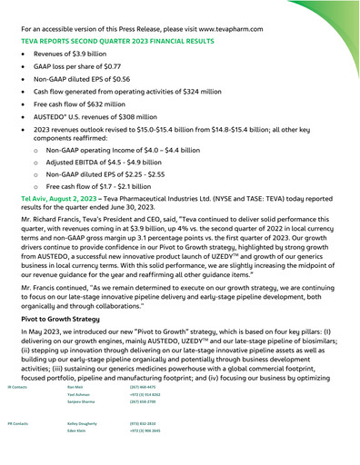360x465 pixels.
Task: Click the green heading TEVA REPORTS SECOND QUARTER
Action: point(126,42)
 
